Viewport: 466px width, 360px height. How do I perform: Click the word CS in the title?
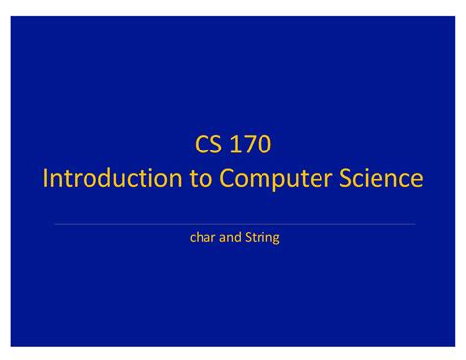point(208,147)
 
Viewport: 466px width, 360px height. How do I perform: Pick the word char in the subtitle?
point(202,237)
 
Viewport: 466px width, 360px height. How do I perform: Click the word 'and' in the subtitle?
point(231,237)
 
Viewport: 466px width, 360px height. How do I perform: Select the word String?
point(262,237)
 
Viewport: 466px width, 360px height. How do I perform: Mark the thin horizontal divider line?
point(233,224)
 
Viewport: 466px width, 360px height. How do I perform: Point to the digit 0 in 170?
point(263,147)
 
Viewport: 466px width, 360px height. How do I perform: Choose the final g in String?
point(276,239)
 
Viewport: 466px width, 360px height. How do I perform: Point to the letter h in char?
point(200,237)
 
